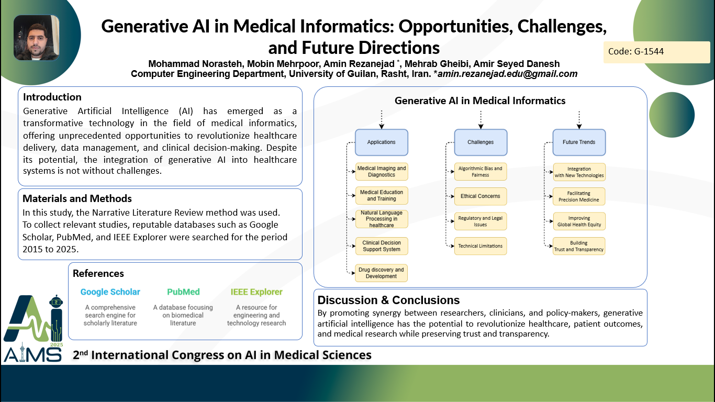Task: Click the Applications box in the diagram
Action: [x=382, y=142]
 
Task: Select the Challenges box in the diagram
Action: [x=481, y=142]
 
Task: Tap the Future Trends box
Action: [x=579, y=142]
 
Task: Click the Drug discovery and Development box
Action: [x=381, y=273]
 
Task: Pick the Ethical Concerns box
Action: [x=481, y=196]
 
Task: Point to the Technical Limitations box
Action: [x=481, y=246]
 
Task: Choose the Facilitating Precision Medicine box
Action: [x=579, y=196]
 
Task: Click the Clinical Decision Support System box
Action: [x=382, y=246]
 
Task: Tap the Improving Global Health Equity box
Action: [x=579, y=221]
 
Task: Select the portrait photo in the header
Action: [x=36, y=37]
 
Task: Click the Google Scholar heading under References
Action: [x=110, y=292]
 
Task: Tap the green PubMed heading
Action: [x=183, y=292]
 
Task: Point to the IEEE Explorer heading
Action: [x=256, y=292]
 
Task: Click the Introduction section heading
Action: [x=52, y=97]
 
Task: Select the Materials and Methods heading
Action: [x=77, y=198]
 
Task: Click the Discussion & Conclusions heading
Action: [x=388, y=300]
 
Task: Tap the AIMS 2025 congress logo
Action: [x=33, y=328]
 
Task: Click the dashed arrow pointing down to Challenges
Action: [x=481, y=120]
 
